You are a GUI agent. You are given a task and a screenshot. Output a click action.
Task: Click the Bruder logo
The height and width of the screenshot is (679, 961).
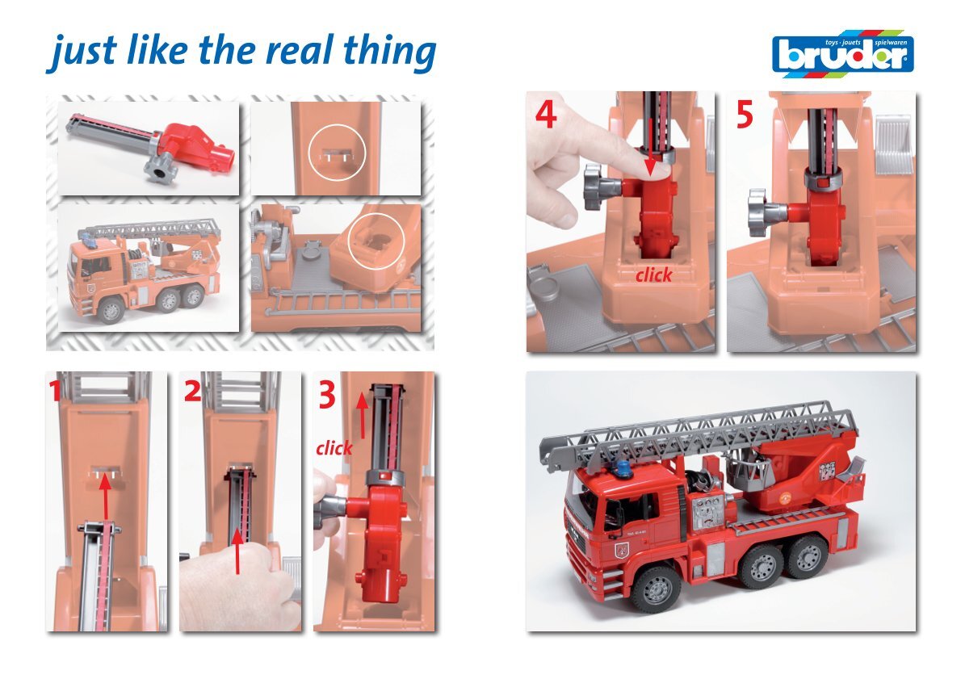[842, 54]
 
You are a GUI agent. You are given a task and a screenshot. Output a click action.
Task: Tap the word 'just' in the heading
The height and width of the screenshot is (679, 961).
[82, 52]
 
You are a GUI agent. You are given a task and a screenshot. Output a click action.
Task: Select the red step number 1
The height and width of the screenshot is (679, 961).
[56, 390]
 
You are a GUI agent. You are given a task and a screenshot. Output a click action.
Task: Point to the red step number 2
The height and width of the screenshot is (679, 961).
[192, 391]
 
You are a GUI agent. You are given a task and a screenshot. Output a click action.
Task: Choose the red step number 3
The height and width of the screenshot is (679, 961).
[327, 394]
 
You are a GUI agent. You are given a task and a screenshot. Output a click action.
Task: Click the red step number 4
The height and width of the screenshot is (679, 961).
[545, 114]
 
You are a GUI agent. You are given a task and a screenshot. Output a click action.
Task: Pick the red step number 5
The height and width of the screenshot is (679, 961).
[745, 115]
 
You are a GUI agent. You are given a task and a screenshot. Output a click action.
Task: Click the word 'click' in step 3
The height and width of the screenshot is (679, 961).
[334, 448]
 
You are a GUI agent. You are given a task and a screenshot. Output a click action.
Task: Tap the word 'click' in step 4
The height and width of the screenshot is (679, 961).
[654, 275]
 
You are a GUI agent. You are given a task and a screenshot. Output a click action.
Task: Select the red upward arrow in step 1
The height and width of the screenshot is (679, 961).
[106, 497]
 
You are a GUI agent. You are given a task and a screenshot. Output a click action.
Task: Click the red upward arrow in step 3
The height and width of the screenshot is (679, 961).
[363, 414]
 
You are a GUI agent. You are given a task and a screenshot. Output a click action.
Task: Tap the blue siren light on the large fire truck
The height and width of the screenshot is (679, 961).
[624, 469]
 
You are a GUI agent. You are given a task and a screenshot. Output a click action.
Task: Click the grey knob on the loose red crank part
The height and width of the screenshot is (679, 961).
[161, 169]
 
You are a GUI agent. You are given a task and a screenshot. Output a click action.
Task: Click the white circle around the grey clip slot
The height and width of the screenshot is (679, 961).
[337, 153]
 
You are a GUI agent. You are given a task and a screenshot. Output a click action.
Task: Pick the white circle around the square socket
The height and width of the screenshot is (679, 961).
[376, 241]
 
